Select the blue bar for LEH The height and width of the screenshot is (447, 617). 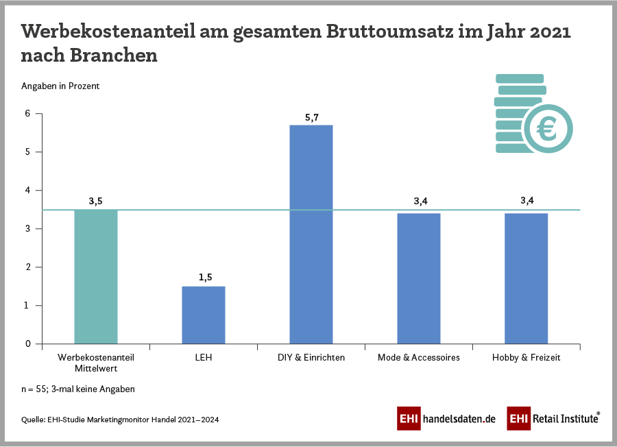coord(204,315)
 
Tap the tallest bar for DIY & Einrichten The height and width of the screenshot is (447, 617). coord(311,234)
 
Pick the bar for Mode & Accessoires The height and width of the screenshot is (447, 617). coord(419,278)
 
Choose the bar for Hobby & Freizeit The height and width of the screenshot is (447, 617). coord(527,278)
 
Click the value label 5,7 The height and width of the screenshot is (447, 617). coord(311,118)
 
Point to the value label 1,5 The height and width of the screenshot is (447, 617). coord(204,278)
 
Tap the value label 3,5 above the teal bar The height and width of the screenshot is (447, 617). coord(96,201)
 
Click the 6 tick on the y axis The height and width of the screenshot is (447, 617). coord(28,114)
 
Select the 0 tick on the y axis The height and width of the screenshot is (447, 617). coord(28,343)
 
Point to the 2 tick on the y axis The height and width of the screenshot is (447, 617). coord(28,267)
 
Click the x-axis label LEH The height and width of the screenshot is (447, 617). coord(204,358)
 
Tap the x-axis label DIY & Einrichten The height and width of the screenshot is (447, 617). coord(311,358)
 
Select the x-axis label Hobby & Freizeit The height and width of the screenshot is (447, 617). coord(527,358)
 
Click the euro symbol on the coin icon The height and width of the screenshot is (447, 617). coord(548,128)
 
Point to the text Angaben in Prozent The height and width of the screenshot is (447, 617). coord(61,86)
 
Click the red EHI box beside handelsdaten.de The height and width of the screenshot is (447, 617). coord(409,418)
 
